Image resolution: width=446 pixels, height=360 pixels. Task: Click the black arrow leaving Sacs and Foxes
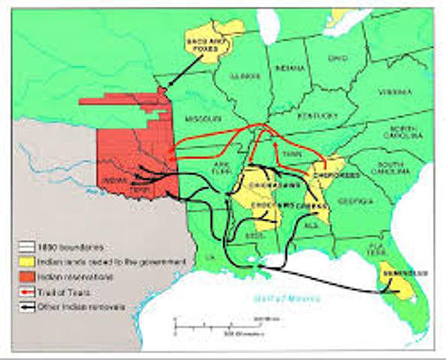(x=181, y=72)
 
